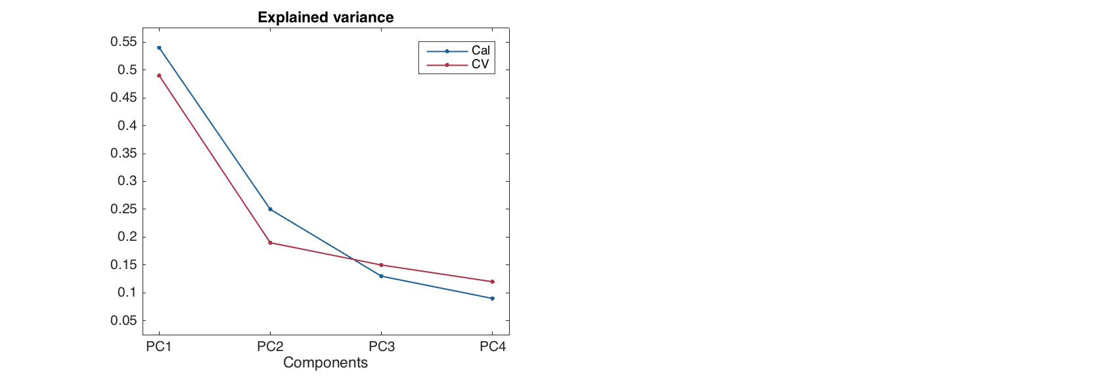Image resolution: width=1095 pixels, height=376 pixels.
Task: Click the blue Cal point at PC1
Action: coord(159,48)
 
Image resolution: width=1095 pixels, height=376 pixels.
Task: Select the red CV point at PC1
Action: coord(159,75)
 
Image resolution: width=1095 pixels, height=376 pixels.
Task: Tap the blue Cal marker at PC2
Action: coord(270,209)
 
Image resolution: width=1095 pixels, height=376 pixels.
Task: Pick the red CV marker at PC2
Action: coord(270,243)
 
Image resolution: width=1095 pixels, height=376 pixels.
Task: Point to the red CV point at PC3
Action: coord(381,265)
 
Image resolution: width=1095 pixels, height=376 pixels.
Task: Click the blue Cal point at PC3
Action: coord(381,276)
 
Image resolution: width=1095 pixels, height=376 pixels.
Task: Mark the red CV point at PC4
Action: coord(492,282)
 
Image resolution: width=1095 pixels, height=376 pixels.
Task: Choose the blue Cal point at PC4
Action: coord(492,299)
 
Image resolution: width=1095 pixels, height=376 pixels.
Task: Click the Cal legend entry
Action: coord(480,51)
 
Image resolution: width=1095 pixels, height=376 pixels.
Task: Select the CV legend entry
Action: coord(480,64)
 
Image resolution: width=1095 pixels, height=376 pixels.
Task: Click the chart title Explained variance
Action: coord(326,18)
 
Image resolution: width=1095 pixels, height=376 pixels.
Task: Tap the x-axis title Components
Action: coord(325,363)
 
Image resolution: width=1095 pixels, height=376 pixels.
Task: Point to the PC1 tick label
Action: coord(159,347)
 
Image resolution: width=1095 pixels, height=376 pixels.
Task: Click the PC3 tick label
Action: coord(381,347)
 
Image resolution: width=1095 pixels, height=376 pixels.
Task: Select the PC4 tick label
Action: coord(492,347)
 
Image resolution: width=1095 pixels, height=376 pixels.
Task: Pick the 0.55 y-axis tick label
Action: coord(123,42)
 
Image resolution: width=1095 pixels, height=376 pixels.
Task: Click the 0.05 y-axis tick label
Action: coord(123,321)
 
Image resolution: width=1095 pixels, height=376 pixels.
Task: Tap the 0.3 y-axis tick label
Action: coord(127,181)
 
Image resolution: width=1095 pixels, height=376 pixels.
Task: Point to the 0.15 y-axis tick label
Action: coord(123,265)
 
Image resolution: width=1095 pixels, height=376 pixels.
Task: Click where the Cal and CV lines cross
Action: coord(355,260)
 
